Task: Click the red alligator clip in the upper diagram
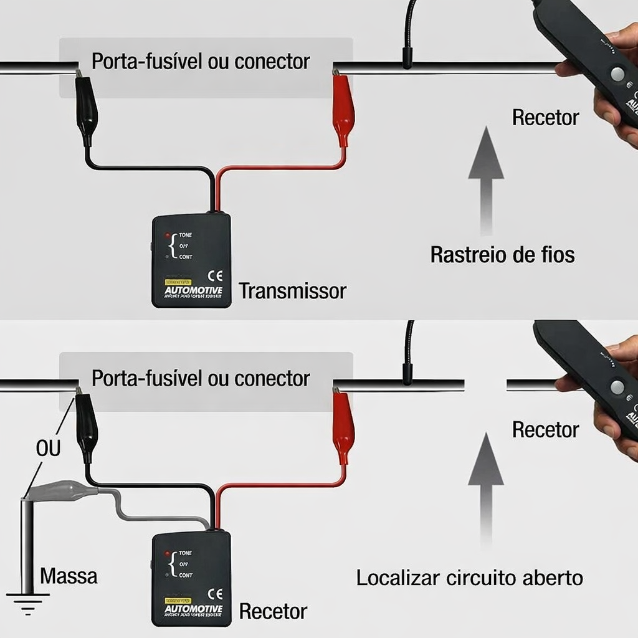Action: coord(343,113)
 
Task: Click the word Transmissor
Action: coord(292,291)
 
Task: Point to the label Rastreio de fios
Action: coord(502,254)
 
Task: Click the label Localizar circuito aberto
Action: coord(469,578)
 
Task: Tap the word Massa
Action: coord(69,576)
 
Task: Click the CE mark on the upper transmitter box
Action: coord(214,275)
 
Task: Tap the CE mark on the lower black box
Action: coord(214,594)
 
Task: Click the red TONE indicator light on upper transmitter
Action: coord(168,236)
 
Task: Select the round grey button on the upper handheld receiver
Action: coord(617,74)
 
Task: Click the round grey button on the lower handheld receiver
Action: coord(617,387)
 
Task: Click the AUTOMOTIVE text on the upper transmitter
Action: coord(193,290)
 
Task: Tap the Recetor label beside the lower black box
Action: coord(273,611)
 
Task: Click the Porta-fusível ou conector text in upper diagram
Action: coord(200,62)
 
